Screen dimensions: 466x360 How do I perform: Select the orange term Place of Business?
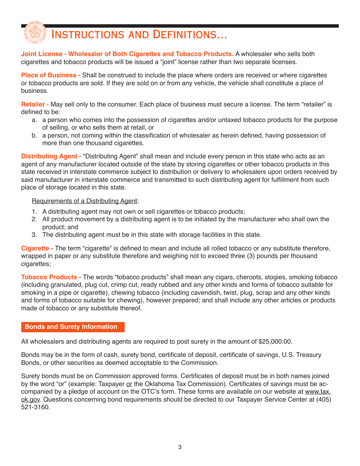click(50, 75)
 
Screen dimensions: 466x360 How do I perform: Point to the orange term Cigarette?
click(37, 248)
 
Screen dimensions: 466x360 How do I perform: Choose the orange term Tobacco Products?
click(51, 277)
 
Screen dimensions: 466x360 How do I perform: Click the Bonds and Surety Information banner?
click(71, 327)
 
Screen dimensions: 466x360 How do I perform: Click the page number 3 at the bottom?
click(180, 447)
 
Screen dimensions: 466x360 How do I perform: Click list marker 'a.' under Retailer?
click(34, 120)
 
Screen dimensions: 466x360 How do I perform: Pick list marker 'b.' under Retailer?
click(34, 135)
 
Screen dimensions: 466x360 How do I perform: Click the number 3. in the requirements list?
click(34, 235)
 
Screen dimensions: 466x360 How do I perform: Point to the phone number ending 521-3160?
click(36, 407)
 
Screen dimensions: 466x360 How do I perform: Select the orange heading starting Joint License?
click(127, 54)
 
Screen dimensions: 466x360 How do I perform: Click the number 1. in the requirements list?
click(34, 211)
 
